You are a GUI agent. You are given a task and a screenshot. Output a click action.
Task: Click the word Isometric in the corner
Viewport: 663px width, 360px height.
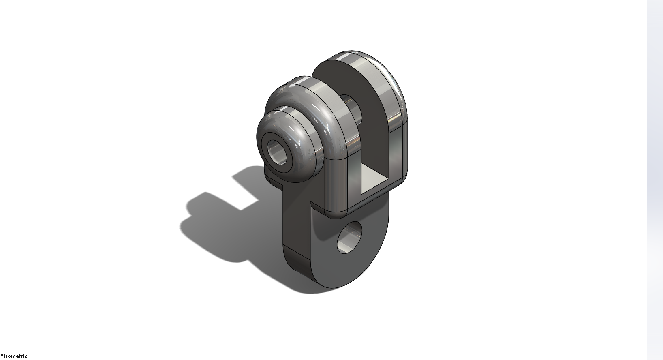[x=15, y=356]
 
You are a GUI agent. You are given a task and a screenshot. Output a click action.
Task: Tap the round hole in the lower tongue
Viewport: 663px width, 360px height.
[x=350, y=238]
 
